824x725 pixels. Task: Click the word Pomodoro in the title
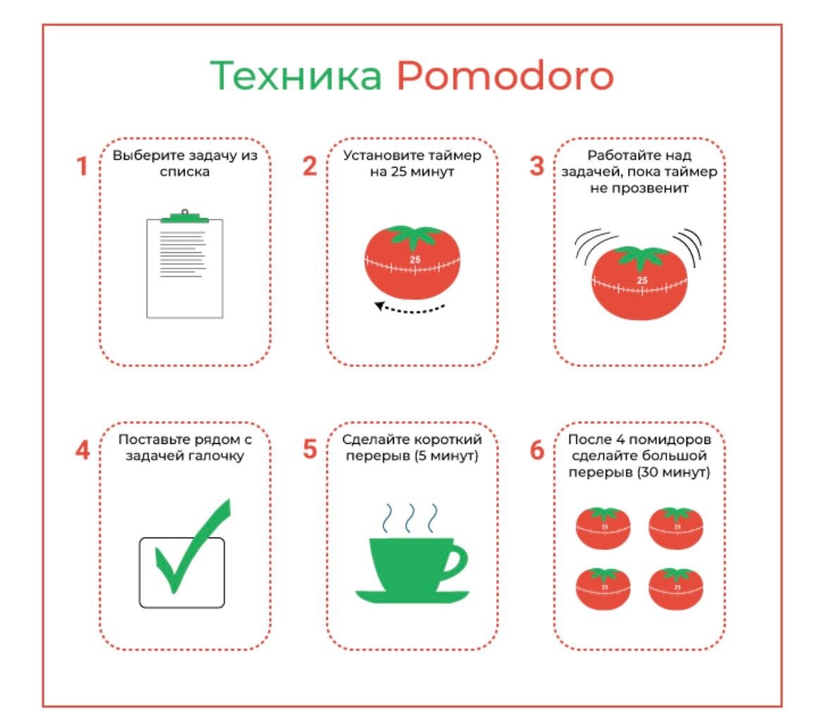coord(504,76)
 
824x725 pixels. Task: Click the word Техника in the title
coord(296,76)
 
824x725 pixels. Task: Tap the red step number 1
coord(82,168)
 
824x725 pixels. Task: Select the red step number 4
coord(82,450)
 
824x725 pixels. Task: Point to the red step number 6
coord(537,450)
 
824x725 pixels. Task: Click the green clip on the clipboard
coord(185,216)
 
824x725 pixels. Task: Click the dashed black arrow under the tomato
coord(411,306)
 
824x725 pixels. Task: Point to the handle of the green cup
coord(455,561)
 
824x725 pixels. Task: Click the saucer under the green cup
coord(412,597)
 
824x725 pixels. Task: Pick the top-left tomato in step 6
coord(603,528)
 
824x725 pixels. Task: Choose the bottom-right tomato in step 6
coord(676,588)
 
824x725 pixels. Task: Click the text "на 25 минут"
coord(412,171)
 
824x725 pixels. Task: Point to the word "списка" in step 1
coord(185,171)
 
